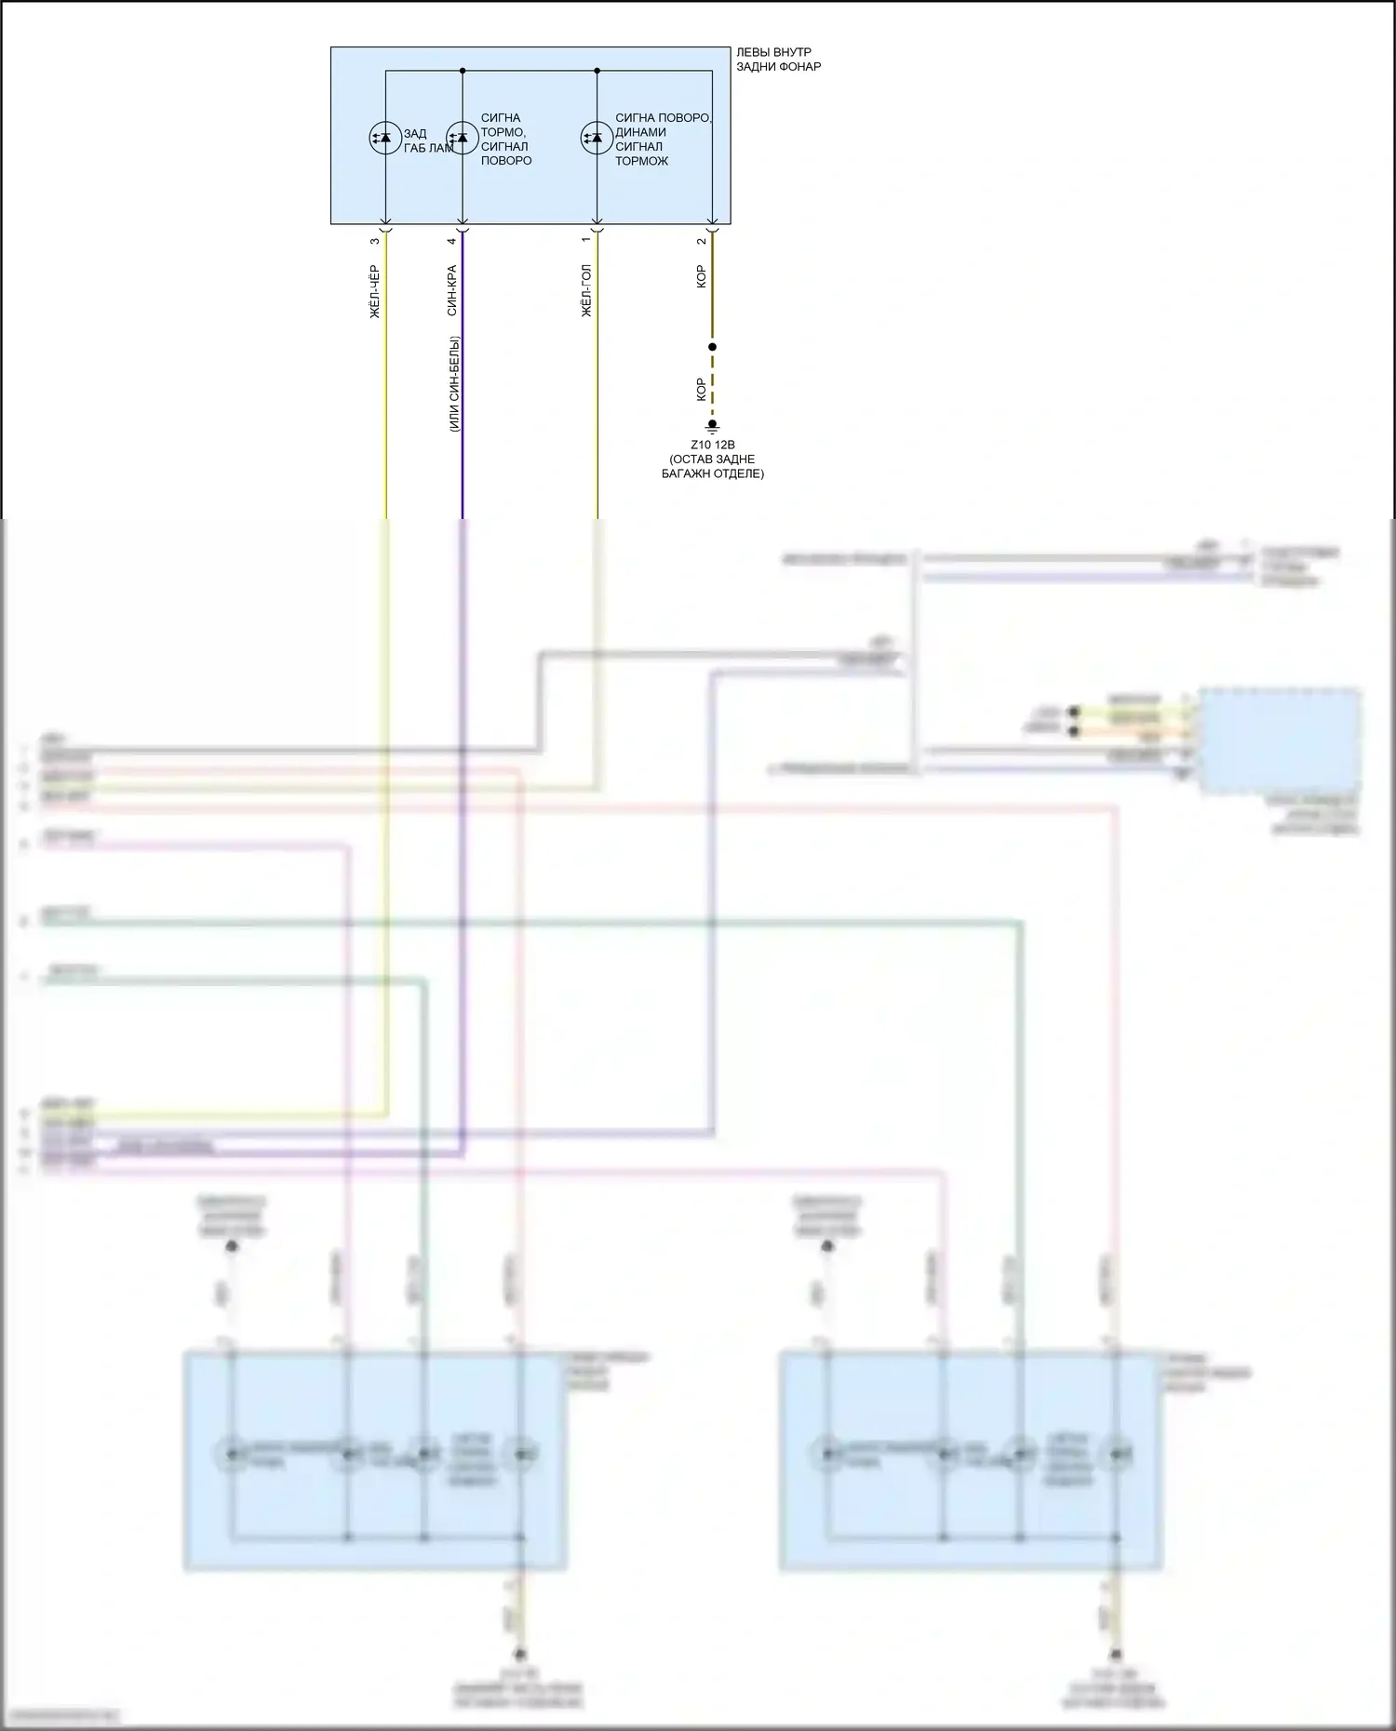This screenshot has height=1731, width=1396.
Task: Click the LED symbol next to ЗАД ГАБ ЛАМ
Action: coord(385,139)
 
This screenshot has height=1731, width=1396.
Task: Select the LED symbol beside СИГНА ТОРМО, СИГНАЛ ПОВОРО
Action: coord(462,139)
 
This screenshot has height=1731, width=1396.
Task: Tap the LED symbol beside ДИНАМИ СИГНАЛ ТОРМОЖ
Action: coord(597,139)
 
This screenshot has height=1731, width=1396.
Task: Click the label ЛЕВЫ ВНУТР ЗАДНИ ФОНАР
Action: coord(778,60)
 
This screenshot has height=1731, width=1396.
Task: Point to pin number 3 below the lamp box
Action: coord(375,241)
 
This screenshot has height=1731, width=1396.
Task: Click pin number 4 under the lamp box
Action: coord(451,241)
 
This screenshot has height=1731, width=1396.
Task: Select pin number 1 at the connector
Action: coord(585,240)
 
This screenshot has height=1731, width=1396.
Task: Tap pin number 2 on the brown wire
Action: coord(701,241)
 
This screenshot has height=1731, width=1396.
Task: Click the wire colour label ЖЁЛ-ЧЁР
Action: coord(375,292)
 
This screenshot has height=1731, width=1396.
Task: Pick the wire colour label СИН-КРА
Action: coord(451,291)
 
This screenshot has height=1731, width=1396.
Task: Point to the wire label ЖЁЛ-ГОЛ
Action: coord(586,291)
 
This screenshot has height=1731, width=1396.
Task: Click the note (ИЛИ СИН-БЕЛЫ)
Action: coord(454,384)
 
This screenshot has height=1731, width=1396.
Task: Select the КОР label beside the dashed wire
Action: coord(701,390)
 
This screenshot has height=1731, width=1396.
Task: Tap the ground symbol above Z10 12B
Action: coord(713,427)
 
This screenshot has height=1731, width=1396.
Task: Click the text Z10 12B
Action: coord(713,445)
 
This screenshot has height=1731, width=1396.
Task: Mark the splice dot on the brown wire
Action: coord(713,347)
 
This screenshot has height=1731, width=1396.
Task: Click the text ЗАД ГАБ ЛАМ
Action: coord(428,141)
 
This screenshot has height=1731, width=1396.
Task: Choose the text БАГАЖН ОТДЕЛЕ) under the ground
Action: coord(713,473)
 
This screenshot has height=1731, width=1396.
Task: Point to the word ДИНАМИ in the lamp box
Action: coord(640,132)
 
